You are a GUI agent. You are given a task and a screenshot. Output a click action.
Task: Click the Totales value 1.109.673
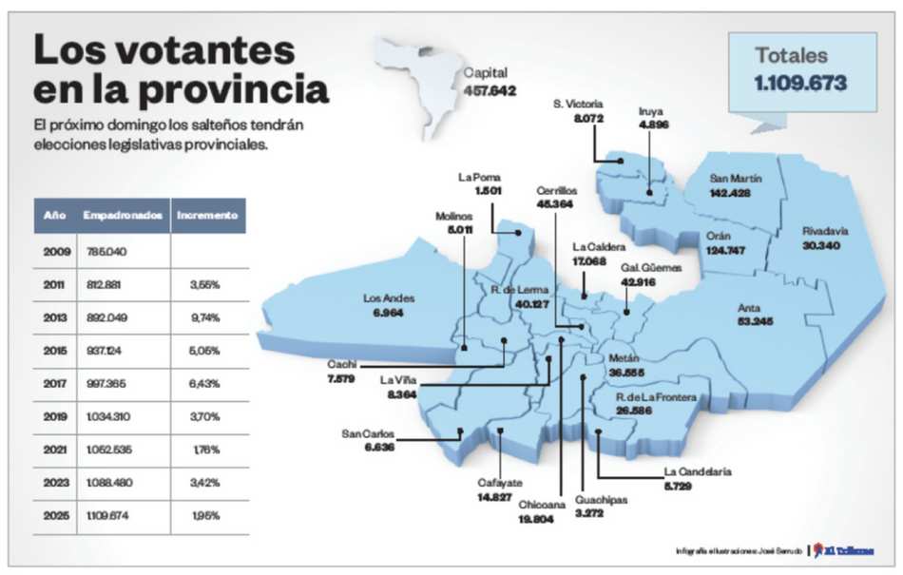tap(800, 84)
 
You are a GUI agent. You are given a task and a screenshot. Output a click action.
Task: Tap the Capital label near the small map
tap(486, 72)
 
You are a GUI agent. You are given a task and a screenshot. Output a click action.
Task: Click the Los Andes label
tap(390, 298)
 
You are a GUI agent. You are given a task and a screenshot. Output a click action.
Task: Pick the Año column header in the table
tap(55, 216)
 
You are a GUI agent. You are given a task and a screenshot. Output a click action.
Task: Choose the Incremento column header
tap(207, 216)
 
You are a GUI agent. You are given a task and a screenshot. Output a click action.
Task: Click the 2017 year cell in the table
tap(55, 383)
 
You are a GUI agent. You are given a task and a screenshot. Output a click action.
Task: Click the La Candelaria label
tap(698, 471)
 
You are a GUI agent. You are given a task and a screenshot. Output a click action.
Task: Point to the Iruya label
tap(652, 111)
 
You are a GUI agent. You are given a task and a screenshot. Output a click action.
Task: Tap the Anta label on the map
tap(750, 308)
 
